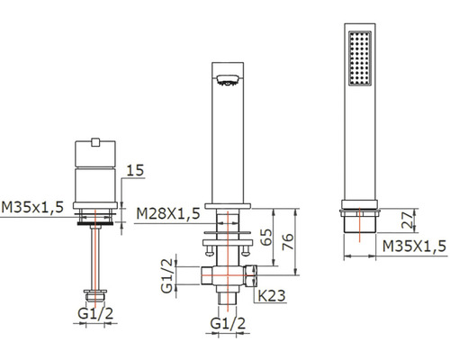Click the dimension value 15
tap(135, 170)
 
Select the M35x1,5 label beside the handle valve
tap(32, 207)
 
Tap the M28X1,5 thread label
tap(168, 213)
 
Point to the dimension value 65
tap(266, 237)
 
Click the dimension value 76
tap(287, 242)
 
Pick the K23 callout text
tap(272, 296)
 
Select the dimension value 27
tap(408, 220)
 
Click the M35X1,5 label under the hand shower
tap(415, 247)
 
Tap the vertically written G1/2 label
tap(167, 275)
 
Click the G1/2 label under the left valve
tap(95, 313)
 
